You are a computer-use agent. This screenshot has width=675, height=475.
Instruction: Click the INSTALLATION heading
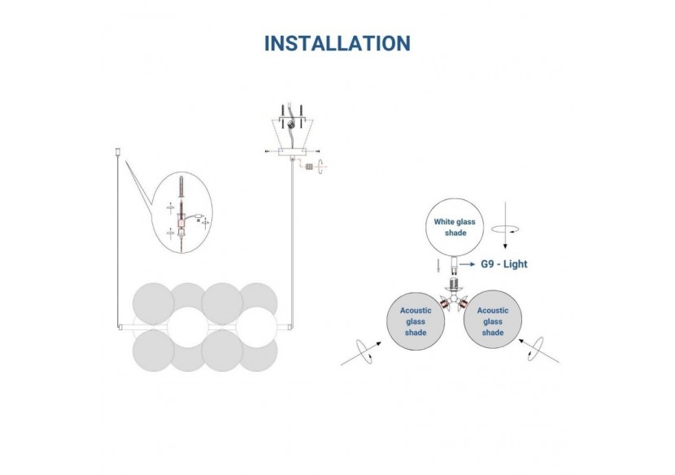click(x=337, y=42)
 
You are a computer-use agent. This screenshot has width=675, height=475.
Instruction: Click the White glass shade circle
click(x=455, y=227)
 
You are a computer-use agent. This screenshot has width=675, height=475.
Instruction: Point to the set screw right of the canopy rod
click(x=309, y=166)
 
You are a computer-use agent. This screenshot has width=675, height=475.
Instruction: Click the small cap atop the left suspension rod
click(x=119, y=150)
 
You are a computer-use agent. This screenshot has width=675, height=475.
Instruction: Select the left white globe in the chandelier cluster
click(x=188, y=327)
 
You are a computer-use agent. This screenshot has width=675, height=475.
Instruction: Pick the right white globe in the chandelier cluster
click(x=259, y=327)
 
